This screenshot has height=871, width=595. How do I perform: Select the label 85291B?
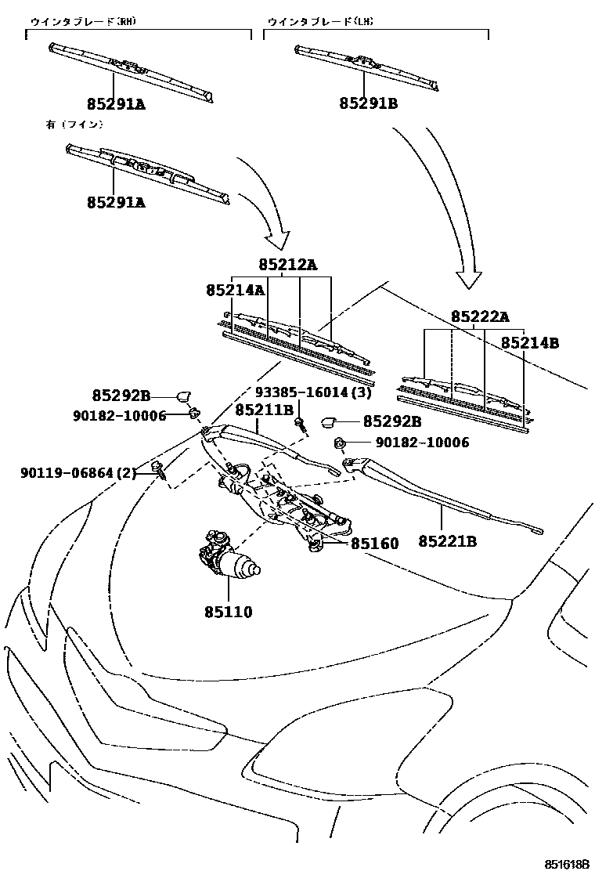pos(368,103)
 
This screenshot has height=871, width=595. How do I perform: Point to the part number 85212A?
pos(288,265)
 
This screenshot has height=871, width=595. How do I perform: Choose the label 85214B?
pos(530,342)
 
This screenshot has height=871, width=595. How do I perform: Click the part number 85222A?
pos(479,316)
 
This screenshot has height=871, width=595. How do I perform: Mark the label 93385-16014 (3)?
pos(312,392)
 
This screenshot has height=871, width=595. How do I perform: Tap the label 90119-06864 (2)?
pos(78,472)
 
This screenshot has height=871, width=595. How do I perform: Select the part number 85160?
pos(374,544)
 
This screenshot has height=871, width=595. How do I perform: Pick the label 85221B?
pos(447,541)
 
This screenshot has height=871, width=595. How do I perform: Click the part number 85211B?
pos(264,409)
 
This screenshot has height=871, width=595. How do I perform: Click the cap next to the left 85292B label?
pos(184,396)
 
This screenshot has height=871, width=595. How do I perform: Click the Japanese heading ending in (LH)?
pos(319,22)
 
